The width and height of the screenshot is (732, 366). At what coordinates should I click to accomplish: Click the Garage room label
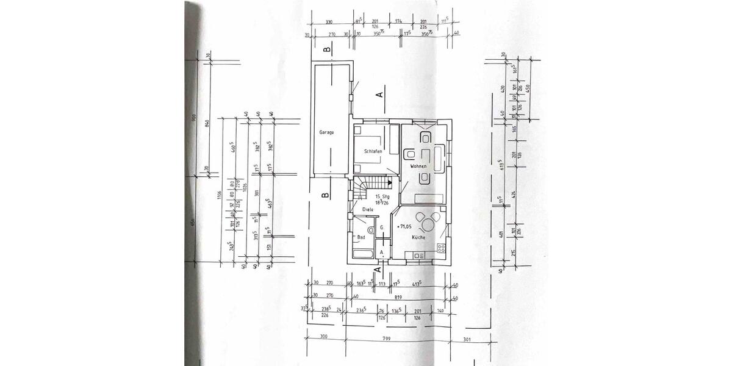(326, 132)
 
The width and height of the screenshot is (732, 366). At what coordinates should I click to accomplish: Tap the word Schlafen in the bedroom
(373, 151)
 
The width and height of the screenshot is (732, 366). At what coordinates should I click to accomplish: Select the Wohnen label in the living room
(418, 166)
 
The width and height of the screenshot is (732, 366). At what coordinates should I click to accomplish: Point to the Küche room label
(418, 237)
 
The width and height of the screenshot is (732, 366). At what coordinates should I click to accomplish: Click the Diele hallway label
(368, 209)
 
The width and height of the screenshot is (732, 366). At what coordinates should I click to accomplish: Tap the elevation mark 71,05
(404, 226)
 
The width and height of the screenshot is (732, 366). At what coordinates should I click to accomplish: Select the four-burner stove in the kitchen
(440, 249)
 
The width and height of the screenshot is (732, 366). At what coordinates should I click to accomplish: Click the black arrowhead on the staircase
(389, 182)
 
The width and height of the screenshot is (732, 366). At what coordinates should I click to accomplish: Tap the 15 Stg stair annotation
(382, 196)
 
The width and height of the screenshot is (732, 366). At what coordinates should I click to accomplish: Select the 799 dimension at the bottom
(386, 337)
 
